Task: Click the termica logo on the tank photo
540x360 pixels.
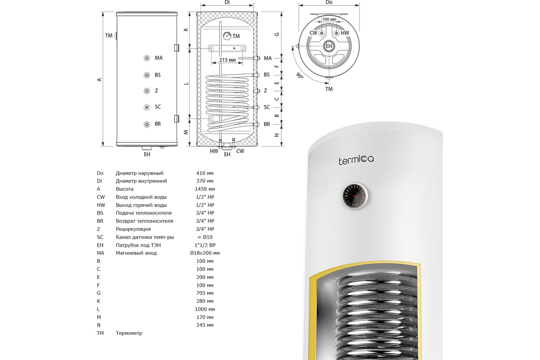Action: tap(356, 160)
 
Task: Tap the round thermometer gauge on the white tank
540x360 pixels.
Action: tap(355, 196)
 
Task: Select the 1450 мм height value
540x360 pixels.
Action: tap(205, 189)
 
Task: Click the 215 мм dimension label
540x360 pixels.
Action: tap(227, 60)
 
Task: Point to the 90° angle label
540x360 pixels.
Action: tap(300, 76)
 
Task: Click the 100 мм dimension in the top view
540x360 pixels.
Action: tap(329, 19)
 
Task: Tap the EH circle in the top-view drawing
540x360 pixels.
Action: tap(329, 46)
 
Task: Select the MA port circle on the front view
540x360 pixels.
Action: tap(147, 58)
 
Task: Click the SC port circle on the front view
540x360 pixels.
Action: tap(147, 107)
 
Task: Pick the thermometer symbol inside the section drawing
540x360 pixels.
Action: tap(227, 36)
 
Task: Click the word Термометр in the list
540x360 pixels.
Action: tap(129, 333)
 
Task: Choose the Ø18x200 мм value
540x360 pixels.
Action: tap(205, 253)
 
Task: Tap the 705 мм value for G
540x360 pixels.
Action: tap(205, 293)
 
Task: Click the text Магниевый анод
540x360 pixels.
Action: tap(136, 253)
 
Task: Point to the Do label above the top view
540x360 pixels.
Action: tap(329, 2)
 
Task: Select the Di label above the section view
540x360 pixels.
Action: tap(227, 2)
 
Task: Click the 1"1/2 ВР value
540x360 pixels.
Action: tap(205, 245)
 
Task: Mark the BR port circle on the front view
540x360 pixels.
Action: tap(147, 124)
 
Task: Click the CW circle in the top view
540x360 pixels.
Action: tap(322, 33)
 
